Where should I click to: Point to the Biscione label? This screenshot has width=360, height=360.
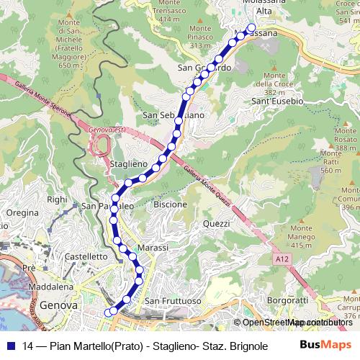[x=171, y=204]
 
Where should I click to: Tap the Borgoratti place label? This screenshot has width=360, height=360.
[x=287, y=300]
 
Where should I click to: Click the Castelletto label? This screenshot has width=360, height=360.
[x=86, y=256]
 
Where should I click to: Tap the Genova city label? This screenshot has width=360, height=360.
[x=59, y=305]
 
